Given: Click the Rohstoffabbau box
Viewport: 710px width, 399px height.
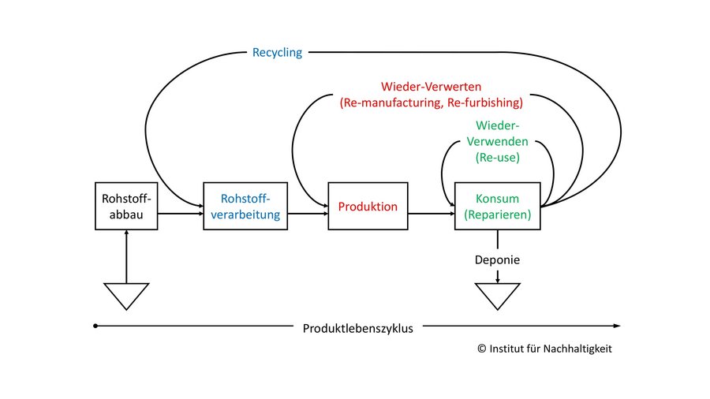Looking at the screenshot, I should pyautogui.click(x=126, y=207).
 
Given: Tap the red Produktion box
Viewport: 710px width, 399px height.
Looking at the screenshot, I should pyautogui.click(x=368, y=207).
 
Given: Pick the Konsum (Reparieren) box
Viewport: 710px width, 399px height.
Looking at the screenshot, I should pyautogui.click(x=497, y=207).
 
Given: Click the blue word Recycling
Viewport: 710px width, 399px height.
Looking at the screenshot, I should pyautogui.click(x=277, y=53).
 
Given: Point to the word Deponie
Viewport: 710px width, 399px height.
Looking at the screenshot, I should pyautogui.click(x=497, y=259).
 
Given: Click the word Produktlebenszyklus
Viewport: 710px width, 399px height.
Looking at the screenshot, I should pyautogui.click(x=357, y=327).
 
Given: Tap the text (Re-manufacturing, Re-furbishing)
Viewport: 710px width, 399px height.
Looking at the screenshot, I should pyautogui.click(x=431, y=103).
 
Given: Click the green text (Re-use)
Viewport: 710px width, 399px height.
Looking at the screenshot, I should pyautogui.click(x=497, y=158).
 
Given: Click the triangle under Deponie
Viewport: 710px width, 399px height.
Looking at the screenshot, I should pyautogui.click(x=497, y=296).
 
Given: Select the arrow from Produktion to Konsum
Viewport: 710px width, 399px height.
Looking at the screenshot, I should pyautogui.click(x=431, y=213).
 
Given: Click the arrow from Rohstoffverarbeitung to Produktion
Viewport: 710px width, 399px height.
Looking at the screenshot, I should pyautogui.click(x=305, y=213).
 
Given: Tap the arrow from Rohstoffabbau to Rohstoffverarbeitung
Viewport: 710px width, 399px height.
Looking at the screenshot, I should pyautogui.click(x=180, y=213).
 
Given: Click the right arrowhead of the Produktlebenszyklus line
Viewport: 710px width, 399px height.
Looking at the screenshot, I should pyautogui.click(x=617, y=326).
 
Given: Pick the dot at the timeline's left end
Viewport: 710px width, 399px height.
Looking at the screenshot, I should pyautogui.click(x=95, y=326).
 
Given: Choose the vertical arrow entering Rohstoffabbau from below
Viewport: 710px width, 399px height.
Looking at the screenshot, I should pyautogui.click(x=126, y=256).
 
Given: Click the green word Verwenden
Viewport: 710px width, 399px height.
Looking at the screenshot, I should pyautogui.click(x=497, y=142).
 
